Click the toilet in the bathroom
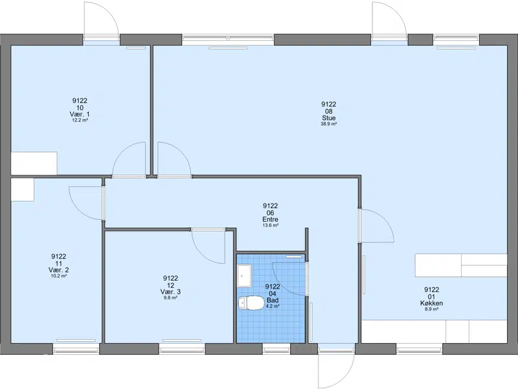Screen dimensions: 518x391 [249, 303]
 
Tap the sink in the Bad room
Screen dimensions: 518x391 [244, 276]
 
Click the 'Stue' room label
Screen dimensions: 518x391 [329, 118]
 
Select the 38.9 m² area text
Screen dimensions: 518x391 [329, 124]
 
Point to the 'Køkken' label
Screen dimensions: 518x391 [431, 303]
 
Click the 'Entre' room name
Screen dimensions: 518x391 [270, 219]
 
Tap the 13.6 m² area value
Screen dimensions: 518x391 [270, 225]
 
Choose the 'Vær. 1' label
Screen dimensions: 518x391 [80, 114]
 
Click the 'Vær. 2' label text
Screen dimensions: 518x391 [59, 270]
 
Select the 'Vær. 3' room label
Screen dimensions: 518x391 [170, 292]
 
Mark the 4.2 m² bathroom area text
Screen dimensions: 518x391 [273, 306]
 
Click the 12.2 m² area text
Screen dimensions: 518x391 [80, 121]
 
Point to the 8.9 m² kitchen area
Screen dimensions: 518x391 [431, 309]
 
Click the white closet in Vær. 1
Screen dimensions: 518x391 [34, 163]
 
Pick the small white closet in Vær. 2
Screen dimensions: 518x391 [23, 189]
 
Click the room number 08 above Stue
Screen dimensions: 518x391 [329, 111]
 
